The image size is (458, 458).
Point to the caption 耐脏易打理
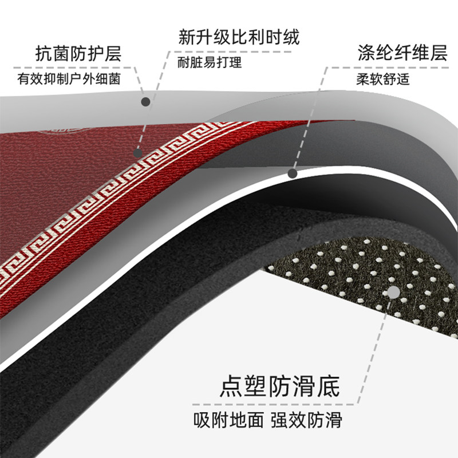[210, 62]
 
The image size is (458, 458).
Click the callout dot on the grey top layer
[146, 101]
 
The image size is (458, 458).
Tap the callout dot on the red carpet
[137, 153]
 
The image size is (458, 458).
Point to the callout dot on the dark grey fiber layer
[292, 172]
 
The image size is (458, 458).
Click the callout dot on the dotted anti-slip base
[394, 293]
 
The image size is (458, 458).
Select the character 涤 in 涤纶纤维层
[365, 56]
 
